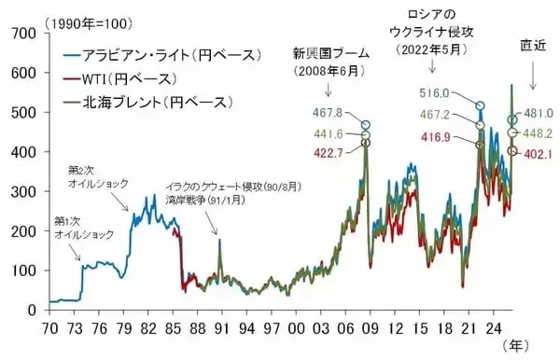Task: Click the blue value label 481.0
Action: click(539, 113)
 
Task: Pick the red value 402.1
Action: click(539, 154)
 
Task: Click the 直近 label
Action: click(532, 44)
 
